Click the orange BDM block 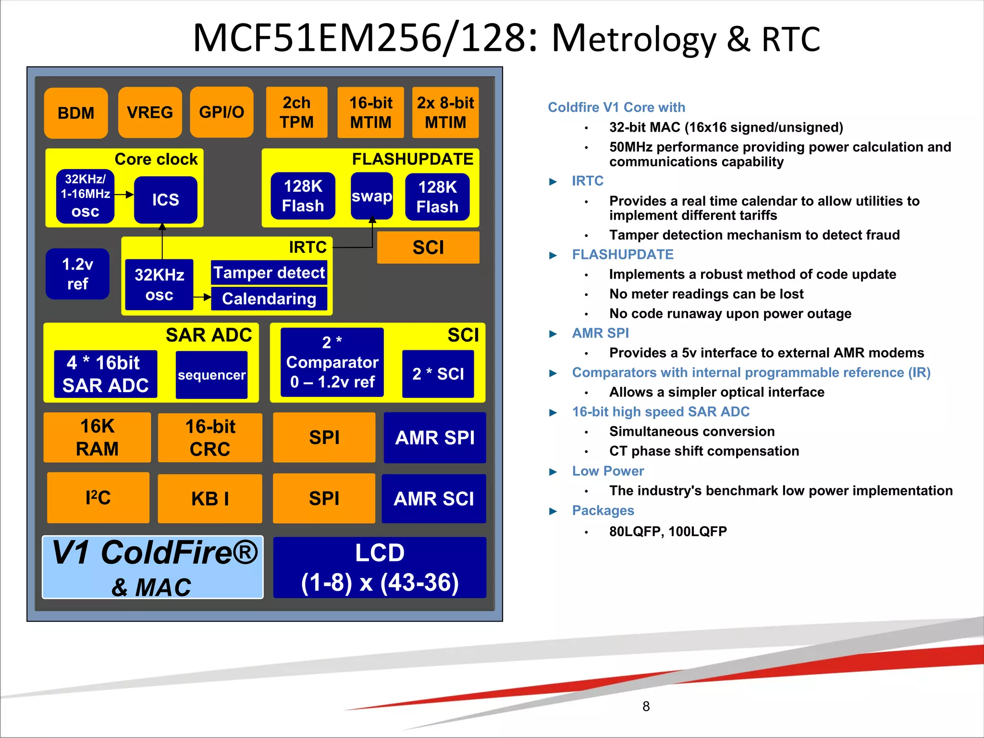[76, 113]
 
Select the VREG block [150, 112]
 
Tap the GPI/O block [221, 112]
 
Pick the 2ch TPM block [296, 112]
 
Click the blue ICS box [165, 199]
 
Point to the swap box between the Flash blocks [371, 196]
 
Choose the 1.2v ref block [77, 274]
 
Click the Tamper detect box [269, 272]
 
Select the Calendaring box [269, 298]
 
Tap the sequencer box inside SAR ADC [211, 375]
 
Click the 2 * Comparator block [332, 362]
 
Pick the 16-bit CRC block [210, 438]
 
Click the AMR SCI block [434, 499]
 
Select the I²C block [98, 498]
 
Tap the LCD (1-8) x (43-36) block [380, 567]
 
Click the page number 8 [646, 706]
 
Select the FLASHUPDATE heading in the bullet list [622, 254]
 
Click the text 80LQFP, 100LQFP [667, 531]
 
